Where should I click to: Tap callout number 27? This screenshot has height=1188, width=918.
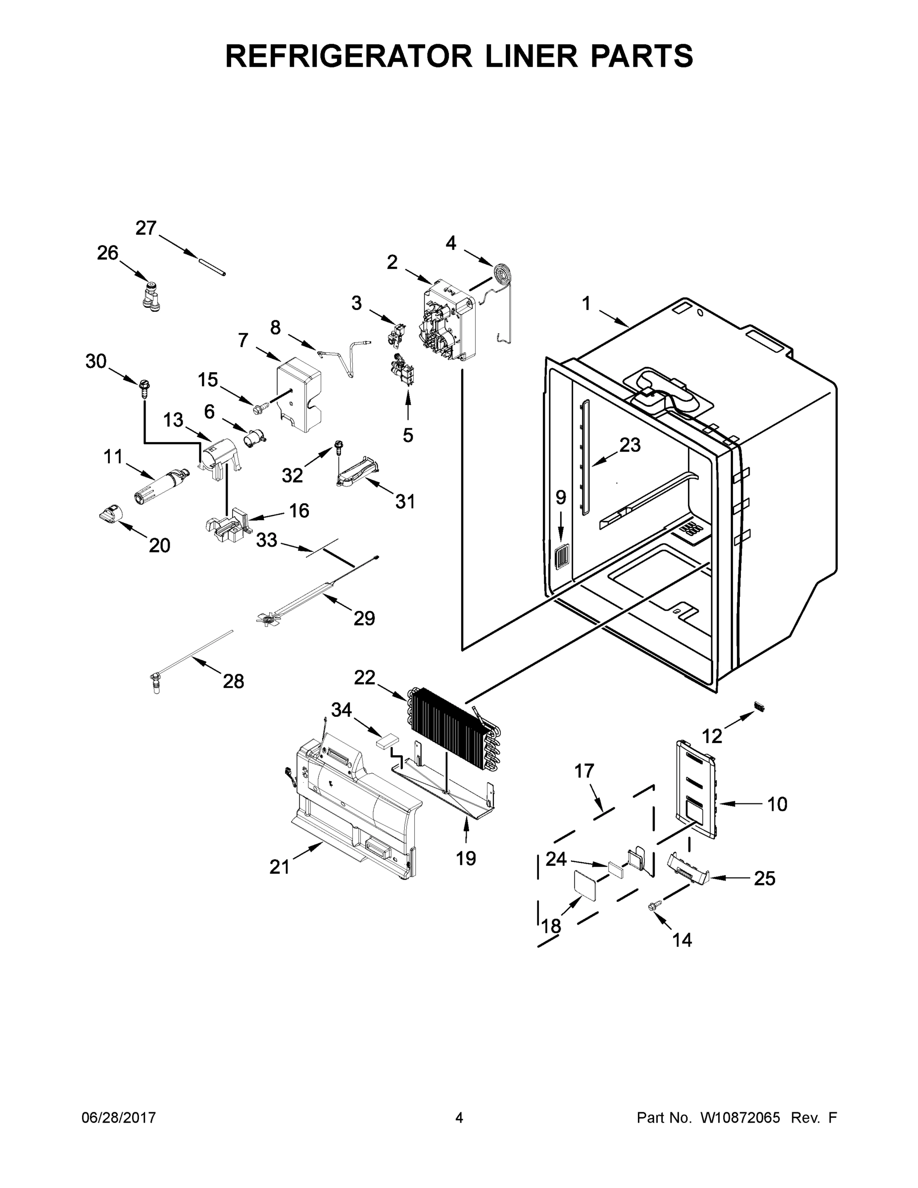click(146, 228)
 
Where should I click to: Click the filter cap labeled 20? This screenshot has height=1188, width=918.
click(111, 512)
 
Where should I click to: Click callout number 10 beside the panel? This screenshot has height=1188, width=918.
click(777, 804)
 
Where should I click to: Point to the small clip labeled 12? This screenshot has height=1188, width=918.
click(759, 706)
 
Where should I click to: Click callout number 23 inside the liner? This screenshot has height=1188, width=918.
click(630, 445)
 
